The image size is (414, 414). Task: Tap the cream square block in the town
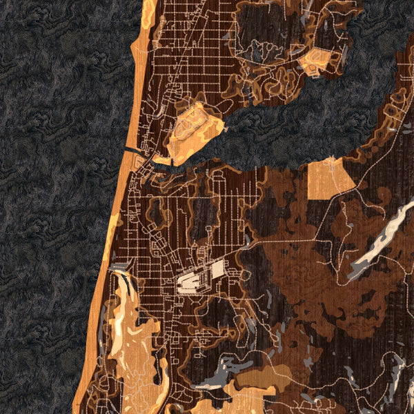(218, 269)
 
